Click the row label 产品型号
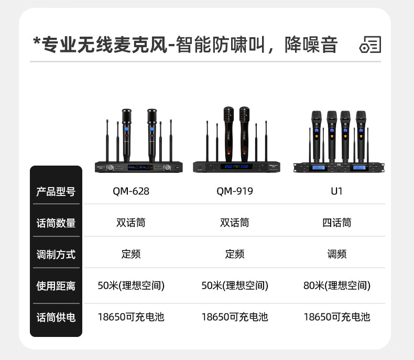click(56, 191)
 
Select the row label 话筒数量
click(56, 223)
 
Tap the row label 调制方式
click(56, 254)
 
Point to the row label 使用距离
click(56, 286)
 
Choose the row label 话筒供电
click(56, 317)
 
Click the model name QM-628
click(131, 191)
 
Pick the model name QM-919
click(235, 191)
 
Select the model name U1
click(337, 191)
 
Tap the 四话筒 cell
click(337, 223)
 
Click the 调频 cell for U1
click(337, 254)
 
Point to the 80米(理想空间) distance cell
click(337, 286)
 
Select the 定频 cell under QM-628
click(131, 254)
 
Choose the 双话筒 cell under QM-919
click(235, 223)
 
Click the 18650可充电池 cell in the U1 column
click(337, 317)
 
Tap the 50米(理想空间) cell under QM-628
click(131, 286)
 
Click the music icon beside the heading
click(370, 45)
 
